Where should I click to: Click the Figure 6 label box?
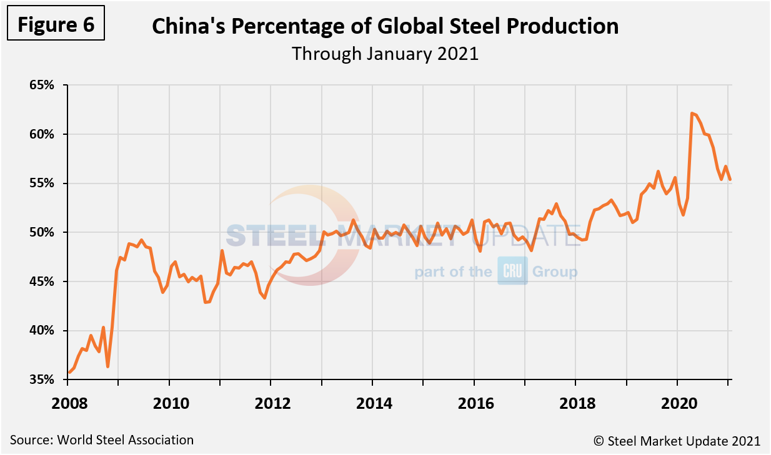tap(56, 24)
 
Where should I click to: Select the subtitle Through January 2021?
tap(385, 54)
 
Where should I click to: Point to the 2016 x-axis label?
tap(475, 403)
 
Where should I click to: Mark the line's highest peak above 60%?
tap(692, 113)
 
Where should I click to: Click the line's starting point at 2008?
tap(69, 373)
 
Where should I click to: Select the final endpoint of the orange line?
tap(730, 180)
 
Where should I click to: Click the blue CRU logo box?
tap(512, 271)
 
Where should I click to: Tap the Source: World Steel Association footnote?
tap(102, 440)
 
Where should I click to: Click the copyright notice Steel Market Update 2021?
tap(677, 441)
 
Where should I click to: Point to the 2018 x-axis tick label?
tap(577, 403)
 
